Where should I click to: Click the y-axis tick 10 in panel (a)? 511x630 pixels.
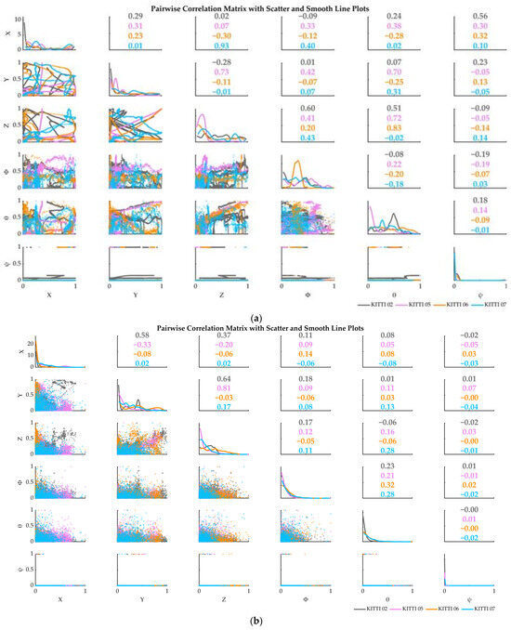(18, 19)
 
